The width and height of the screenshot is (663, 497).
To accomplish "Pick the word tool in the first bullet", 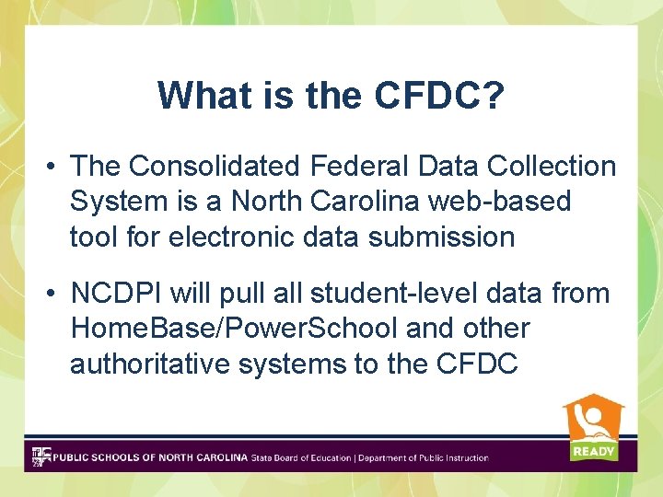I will pyautogui.click(x=93, y=237).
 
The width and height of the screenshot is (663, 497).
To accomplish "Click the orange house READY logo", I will pyautogui.click(x=593, y=428).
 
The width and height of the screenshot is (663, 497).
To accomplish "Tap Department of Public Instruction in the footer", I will pyautogui.click(x=424, y=457).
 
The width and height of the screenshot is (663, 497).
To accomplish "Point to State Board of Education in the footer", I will pyautogui.click(x=301, y=457).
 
